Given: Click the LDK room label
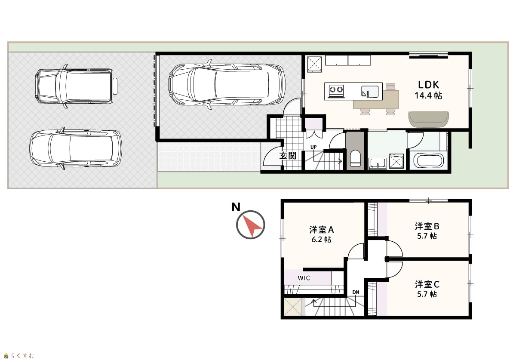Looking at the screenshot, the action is [428, 85].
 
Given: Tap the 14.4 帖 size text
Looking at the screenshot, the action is [428, 95].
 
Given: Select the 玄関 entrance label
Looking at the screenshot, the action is [288, 156].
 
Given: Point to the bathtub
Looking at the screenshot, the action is [428, 160].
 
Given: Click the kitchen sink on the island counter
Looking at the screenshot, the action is [370, 92].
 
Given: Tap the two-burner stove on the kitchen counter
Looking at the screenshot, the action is [336, 89].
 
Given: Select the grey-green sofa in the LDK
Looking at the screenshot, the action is [428, 120].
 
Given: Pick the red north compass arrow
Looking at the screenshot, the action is [252, 225].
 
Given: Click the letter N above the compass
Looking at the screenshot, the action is [236, 207].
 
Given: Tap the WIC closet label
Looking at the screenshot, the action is [304, 278].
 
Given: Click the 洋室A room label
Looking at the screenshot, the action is [321, 230].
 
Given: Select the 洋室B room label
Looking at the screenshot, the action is [427, 226].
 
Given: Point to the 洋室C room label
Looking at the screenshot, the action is [427, 284].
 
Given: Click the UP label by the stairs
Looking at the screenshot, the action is [313, 147].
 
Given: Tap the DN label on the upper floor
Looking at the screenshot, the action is [356, 292].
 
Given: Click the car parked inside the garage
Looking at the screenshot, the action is [227, 84].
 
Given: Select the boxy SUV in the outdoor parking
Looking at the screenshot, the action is [76, 86].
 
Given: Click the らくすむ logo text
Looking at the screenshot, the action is [22, 355].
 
